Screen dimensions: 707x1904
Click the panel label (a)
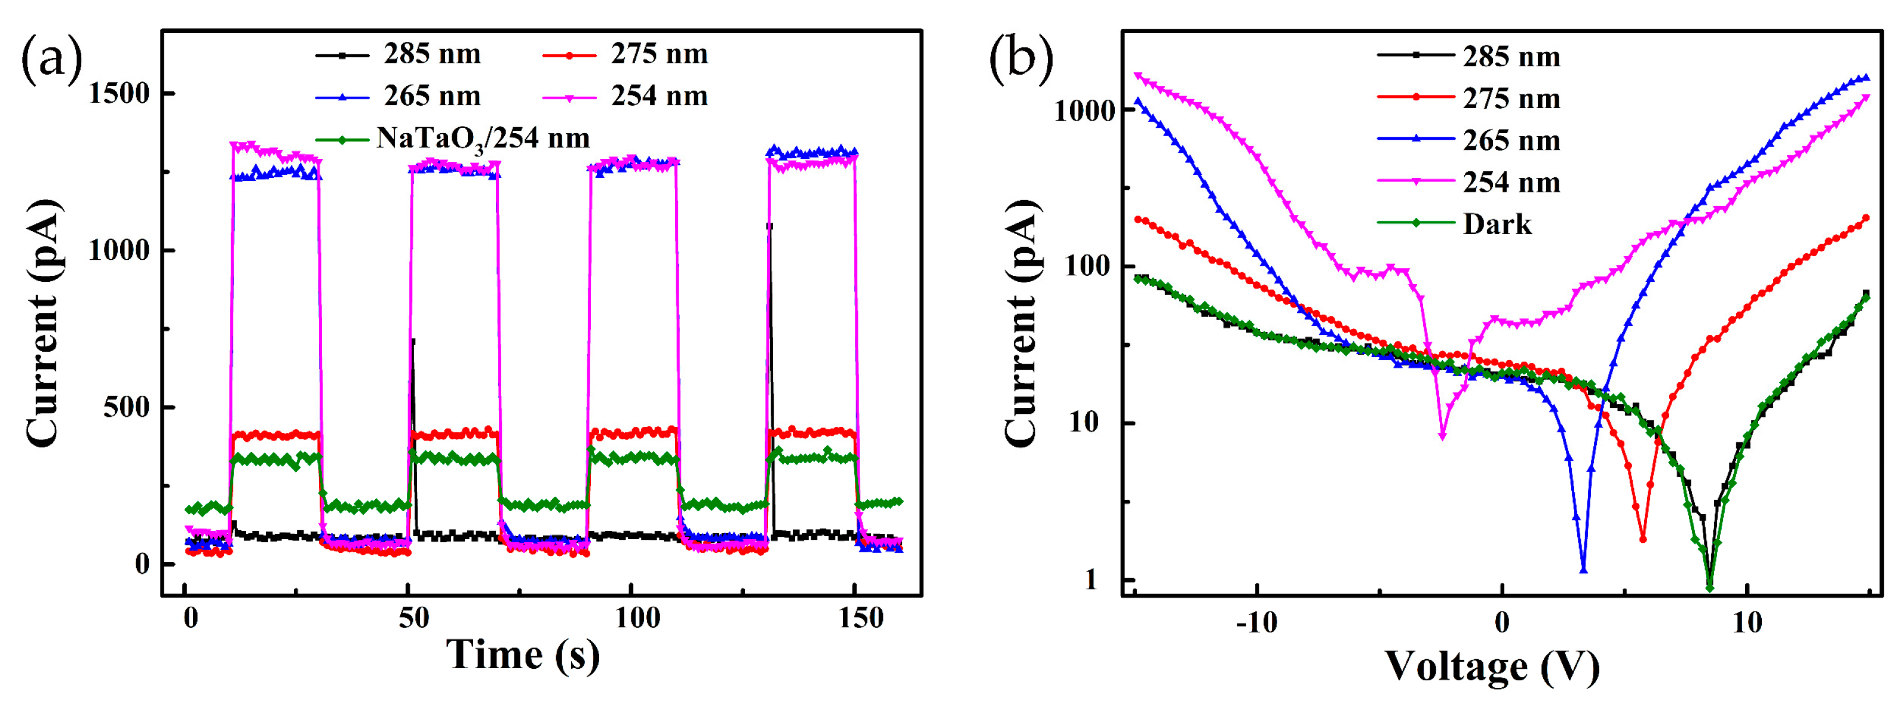[x=52, y=59]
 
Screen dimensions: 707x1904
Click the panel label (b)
[x=1021, y=59]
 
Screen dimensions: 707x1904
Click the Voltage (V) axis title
[x=1492, y=667]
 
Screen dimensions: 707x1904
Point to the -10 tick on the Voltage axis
[x=1256, y=623]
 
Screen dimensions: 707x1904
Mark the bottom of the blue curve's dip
[x=1583, y=570]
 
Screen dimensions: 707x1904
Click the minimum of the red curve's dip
[x=1642, y=539]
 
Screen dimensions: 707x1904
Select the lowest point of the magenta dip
[x=1442, y=436]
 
